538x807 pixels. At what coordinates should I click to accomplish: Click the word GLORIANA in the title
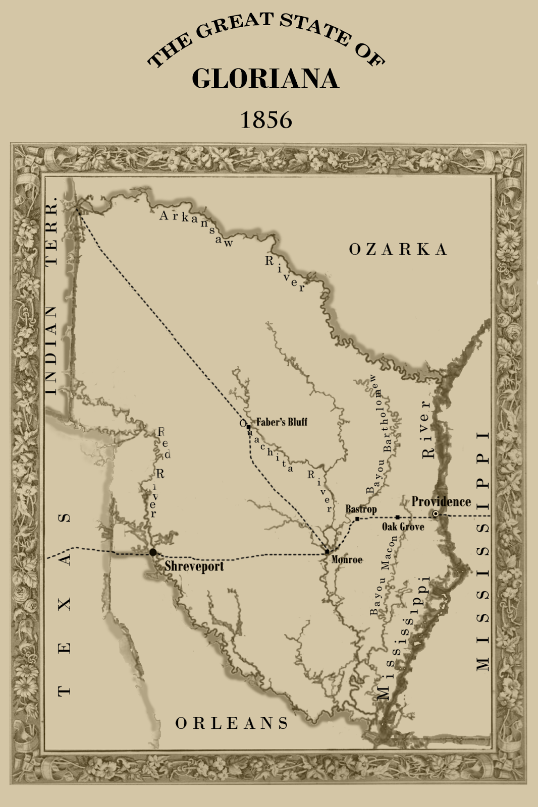265,79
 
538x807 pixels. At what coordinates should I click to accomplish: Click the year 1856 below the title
266,120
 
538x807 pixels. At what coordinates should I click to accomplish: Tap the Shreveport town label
194,566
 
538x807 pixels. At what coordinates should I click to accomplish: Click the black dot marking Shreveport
153,552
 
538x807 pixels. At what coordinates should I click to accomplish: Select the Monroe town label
347,560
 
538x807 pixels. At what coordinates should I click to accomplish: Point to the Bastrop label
361,509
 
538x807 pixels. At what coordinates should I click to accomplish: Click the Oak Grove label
403,527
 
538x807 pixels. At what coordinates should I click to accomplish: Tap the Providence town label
441,501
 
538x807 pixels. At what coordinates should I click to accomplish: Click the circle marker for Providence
436,514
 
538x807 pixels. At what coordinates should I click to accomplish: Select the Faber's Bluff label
282,422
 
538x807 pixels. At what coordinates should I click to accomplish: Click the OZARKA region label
398,249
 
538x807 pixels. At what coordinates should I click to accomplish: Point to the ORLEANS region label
232,723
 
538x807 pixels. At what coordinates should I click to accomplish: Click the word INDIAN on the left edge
52,350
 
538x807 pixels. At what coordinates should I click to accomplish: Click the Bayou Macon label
384,575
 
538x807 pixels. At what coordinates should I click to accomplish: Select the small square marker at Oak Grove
397,517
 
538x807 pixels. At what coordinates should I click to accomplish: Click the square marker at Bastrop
357,518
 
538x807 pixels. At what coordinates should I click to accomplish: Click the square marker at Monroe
327,552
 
